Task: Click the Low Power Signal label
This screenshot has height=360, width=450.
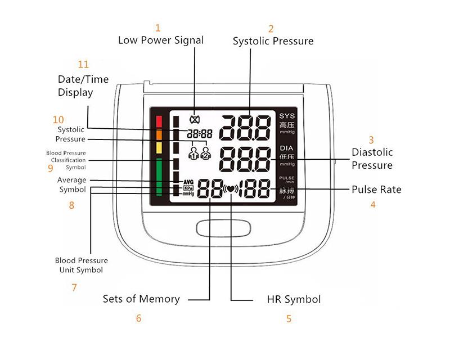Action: [160, 40]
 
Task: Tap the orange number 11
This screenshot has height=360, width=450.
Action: [83, 64]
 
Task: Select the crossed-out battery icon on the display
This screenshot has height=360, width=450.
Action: [195, 119]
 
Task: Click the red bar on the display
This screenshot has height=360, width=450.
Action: [159, 121]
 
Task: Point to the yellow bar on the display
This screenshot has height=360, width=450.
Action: [159, 147]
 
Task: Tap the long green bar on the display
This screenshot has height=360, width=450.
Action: [159, 177]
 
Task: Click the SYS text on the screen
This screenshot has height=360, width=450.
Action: [287, 116]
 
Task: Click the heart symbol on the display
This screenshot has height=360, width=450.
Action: [231, 189]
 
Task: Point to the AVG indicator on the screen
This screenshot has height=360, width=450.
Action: [188, 182]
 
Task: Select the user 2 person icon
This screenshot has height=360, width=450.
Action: [206, 152]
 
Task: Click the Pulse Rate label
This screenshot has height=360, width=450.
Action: [376, 189]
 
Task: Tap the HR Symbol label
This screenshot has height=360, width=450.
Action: [294, 299]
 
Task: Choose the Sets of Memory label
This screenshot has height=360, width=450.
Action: [141, 299]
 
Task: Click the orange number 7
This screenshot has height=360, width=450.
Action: [74, 287]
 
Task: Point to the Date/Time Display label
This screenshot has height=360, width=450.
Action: [83, 85]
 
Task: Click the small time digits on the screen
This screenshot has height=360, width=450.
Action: [200, 134]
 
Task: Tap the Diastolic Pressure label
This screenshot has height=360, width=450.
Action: [372, 159]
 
